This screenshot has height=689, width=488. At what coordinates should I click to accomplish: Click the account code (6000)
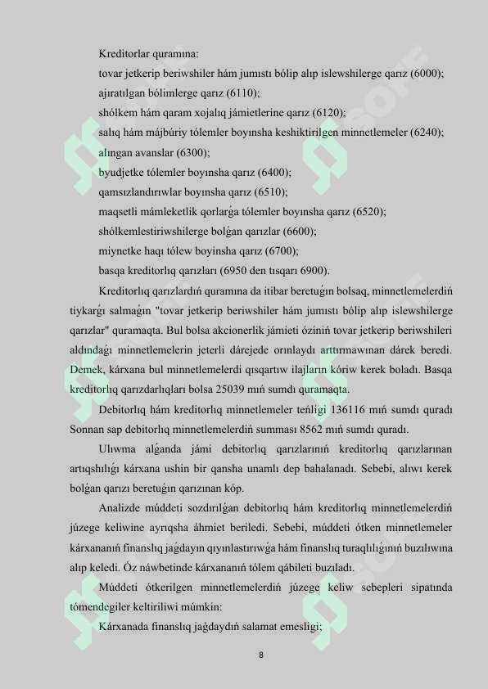tap(427, 74)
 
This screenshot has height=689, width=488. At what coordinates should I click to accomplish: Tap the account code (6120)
tap(329, 113)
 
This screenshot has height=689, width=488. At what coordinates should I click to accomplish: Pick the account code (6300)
tap(193, 153)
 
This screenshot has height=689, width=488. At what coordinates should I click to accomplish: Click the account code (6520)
tap(369, 212)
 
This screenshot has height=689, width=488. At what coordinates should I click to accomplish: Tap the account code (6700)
tap(281, 251)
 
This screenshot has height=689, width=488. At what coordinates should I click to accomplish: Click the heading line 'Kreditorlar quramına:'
tap(148, 54)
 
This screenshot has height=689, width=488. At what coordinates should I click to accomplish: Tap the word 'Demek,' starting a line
tap(85, 370)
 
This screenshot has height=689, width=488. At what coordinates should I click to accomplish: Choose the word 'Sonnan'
tap(85, 429)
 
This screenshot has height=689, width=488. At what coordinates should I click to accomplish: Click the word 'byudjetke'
tap(122, 173)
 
